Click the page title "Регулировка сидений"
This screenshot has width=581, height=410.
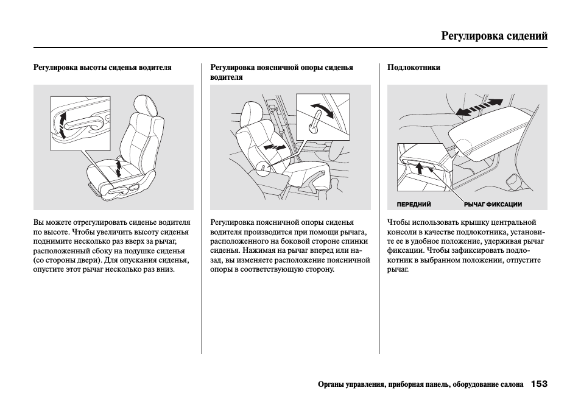click(494, 36)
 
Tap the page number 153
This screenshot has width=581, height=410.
click(538, 384)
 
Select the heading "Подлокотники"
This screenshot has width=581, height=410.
click(414, 68)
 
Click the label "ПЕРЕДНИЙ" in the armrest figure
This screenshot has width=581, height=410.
click(414, 205)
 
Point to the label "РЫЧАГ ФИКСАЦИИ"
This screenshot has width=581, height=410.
click(493, 205)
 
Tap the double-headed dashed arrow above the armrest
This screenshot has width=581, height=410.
click(479, 108)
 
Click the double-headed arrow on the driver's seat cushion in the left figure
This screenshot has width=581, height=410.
click(119, 168)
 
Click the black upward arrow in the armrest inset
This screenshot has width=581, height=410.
click(419, 167)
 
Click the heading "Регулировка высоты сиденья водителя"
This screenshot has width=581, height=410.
click(102, 68)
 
